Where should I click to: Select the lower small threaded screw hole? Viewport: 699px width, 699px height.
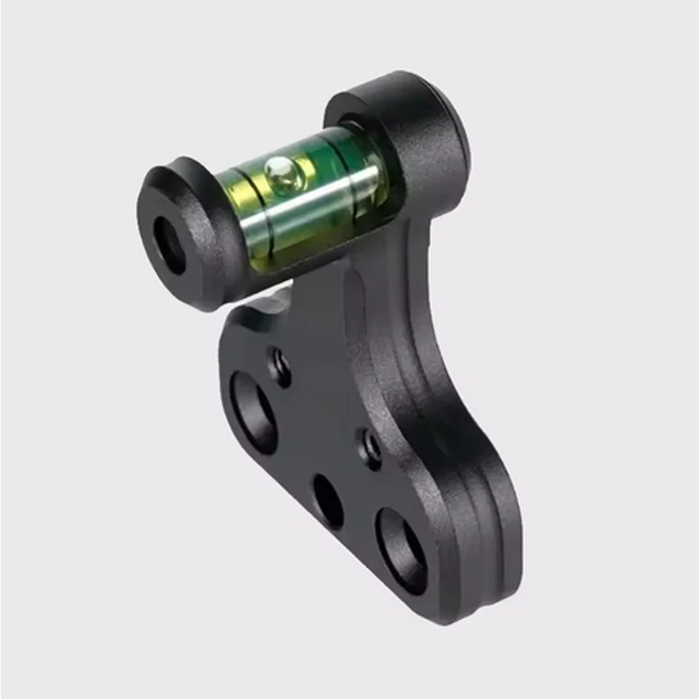(x=371, y=446)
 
